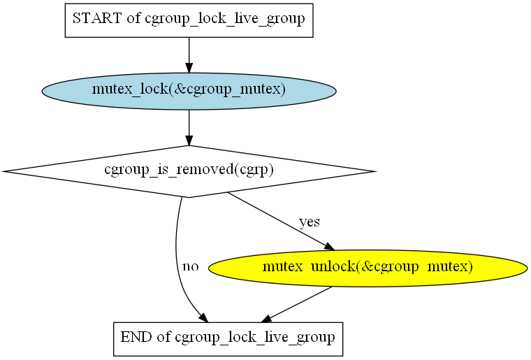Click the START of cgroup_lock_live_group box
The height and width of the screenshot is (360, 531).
(x=189, y=20)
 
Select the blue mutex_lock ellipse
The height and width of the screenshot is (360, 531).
(x=189, y=91)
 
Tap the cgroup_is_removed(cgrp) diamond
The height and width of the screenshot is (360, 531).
(x=189, y=171)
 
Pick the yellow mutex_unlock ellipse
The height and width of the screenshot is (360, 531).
(x=368, y=267)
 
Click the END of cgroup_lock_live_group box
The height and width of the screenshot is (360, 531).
(x=228, y=338)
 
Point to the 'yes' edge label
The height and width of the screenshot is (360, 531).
(x=310, y=222)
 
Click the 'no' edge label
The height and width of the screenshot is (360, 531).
(x=191, y=266)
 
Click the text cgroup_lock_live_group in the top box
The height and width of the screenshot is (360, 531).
(x=224, y=20)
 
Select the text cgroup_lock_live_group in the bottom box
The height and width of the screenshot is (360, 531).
(x=255, y=338)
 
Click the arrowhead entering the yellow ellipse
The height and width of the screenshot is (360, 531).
(x=329, y=246)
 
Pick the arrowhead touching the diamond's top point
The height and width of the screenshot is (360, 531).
(x=189, y=141)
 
